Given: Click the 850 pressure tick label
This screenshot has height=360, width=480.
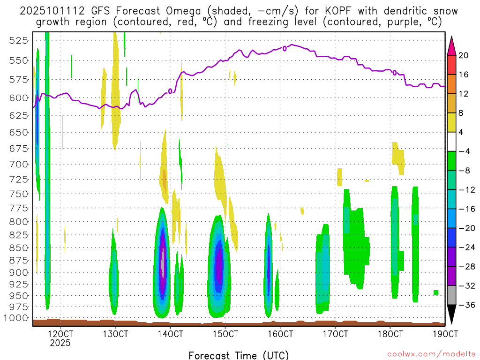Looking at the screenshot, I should [17, 247].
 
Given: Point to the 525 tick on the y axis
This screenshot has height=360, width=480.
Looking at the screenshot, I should [17, 40].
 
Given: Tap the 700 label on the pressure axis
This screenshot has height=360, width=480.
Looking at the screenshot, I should [17, 164].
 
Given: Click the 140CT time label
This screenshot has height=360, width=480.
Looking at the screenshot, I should [170, 334].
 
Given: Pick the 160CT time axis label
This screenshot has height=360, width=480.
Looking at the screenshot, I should [280, 334].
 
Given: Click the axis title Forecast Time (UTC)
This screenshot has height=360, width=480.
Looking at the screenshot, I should [239, 355].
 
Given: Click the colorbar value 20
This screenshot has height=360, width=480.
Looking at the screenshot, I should [464, 56].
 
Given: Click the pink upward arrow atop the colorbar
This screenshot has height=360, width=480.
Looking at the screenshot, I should [452, 45].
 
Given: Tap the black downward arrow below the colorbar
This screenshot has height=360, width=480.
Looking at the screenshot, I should [452, 315].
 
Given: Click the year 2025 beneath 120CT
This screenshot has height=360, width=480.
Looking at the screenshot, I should [60, 343].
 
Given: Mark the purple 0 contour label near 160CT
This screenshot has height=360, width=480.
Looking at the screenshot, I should [285, 48].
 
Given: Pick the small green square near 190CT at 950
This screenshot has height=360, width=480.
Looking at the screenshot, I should [436, 292].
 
